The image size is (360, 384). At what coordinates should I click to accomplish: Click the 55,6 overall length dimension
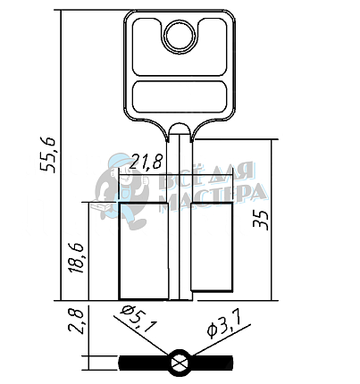click(47, 154)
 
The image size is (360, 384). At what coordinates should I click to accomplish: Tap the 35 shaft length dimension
click(261, 220)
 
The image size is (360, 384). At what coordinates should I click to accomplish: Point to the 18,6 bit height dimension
click(76, 258)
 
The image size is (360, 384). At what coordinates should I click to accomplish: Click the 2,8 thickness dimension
click(75, 321)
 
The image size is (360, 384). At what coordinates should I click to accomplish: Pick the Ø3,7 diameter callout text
click(224, 323)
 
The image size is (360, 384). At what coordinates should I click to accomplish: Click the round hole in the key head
click(180, 36)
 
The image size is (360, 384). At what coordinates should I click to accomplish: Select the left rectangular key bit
click(144, 251)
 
